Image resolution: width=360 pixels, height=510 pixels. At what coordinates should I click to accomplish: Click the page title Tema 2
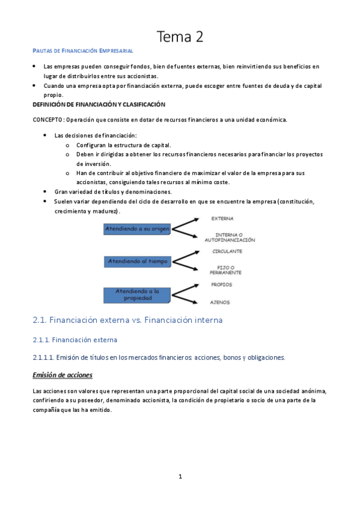coord(180,38)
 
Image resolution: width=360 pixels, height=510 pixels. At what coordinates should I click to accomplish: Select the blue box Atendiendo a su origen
coord(137,229)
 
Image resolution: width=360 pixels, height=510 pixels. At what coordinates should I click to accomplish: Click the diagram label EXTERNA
coord(222,218)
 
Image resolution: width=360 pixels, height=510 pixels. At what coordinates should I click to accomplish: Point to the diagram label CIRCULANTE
coord(227,251)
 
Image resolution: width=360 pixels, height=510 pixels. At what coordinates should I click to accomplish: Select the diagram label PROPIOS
coord(221,284)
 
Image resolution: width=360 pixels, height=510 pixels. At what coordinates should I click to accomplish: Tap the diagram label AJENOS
coord(220,302)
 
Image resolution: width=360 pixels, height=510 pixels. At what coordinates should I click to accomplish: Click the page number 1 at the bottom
coord(180,476)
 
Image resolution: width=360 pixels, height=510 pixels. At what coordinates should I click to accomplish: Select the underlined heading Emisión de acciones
coord(63,375)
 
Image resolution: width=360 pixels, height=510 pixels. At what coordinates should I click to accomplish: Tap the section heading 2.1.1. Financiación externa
coord(79,340)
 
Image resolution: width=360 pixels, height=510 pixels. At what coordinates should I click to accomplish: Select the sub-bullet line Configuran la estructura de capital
coord(123,145)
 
